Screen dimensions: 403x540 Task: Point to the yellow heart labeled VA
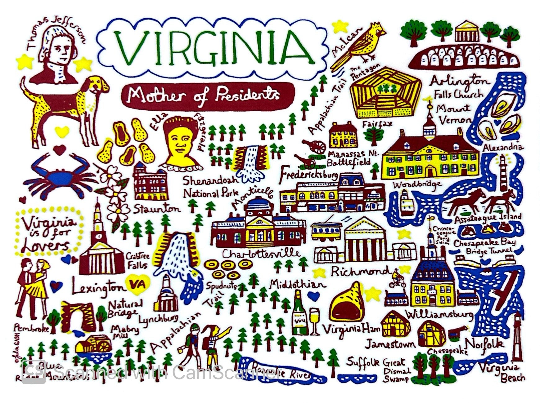[x=137, y=283]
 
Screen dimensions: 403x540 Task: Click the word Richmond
[x=360, y=272]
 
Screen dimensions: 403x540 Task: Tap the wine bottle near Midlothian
[x=299, y=313]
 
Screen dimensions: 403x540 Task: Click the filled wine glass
[x=314, y=319]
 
